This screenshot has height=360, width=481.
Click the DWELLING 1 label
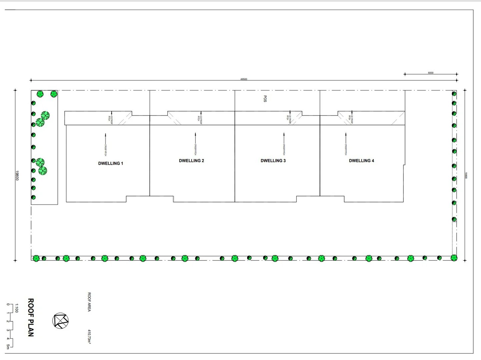click(x=110, y=163)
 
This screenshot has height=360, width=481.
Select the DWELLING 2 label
click(x=191, y=161)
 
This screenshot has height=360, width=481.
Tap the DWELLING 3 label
click(x=273, y=161)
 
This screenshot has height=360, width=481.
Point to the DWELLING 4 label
click(x=361, y=161)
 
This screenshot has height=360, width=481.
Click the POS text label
click(x=265, y=99)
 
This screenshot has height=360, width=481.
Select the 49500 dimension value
click(x=244, y=79)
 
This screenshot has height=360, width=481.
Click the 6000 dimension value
click(x=431, y=73)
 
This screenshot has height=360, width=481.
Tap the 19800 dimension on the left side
click(x=17, y=175)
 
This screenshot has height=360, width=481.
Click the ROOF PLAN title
click(x=31, y=317)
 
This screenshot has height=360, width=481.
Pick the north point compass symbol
click(x=60, y=321)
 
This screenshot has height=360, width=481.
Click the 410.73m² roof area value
click(x=89, y=336)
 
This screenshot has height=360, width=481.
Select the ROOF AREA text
click(x=89, y=302)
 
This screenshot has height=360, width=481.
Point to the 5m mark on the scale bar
click(x=8, y=347)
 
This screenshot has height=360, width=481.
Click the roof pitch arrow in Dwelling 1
click(x=106, y=140)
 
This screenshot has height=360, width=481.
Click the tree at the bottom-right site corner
click(x=454, y=258)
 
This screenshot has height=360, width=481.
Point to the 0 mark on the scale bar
click(x=8, y=304)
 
